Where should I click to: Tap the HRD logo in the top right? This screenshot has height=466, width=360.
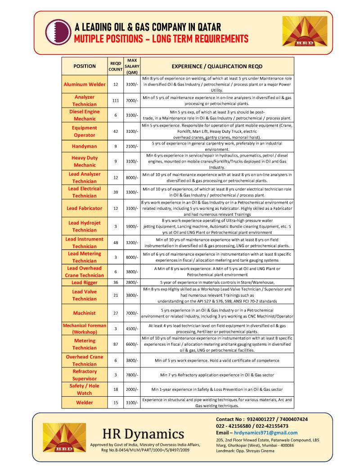(x=305, y=31)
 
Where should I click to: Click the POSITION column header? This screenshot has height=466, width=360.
(x=85, y=66)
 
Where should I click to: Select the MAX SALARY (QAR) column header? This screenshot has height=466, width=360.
(x=132, y=66)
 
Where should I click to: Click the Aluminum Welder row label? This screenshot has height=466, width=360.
(x=85, y=84)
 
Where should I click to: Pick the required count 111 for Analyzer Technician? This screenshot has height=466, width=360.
(x=116, y=100)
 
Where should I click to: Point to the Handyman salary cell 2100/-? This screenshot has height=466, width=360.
(x=132, y=146)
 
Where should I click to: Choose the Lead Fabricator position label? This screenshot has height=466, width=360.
(x=85, y=208)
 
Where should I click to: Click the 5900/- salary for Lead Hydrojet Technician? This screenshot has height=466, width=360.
(x=132, y=226)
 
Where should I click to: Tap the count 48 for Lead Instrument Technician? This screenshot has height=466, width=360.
(x=116, y=243)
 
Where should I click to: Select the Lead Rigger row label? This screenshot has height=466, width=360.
(x=85, y=283)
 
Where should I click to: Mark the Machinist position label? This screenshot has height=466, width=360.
(x=85, y=312)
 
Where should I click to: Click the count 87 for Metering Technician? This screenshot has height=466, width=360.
(x=116, y=344)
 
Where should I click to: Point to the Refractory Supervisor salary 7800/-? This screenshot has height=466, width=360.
(x=132, y=375)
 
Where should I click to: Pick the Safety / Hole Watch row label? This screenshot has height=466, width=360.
(x=85, y=389)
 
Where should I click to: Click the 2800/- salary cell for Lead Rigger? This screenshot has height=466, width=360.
(x=132, y=283)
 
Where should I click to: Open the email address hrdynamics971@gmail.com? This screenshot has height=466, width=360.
(x=265, y=433)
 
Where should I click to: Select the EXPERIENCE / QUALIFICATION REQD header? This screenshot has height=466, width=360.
(x=217, y=66)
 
